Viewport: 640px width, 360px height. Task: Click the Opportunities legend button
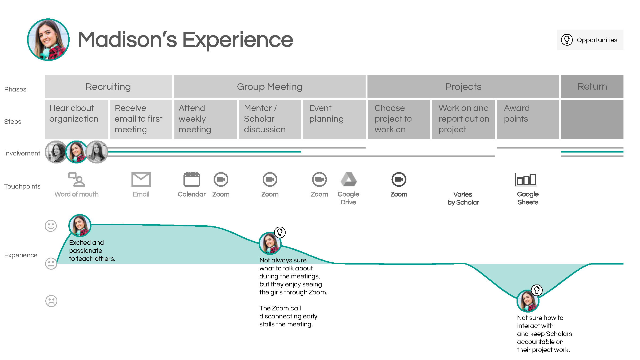(590, 40)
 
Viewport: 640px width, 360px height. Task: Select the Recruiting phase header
(108, 87)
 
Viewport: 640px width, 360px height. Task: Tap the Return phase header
(592, 87)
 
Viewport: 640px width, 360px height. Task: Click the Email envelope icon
(141, 179)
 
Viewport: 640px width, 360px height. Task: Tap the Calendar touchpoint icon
(191, 179)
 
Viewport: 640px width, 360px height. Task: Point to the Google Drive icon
(349, 179)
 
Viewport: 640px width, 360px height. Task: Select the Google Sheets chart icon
(526, 179)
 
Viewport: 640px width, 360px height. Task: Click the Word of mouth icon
(77, 179)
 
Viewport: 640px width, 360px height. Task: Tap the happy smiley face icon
(51, 226)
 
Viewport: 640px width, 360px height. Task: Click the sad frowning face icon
(51, 301)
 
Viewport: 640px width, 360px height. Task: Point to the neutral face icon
(51, 263)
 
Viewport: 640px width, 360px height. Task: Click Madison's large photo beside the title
(48, 40)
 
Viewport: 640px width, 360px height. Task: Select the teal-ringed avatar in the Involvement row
(76, 152)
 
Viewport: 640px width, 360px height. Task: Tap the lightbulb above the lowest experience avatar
(537, 290)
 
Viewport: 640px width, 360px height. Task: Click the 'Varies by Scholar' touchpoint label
(463, 198)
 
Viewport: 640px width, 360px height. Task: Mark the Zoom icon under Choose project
(399, 179)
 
